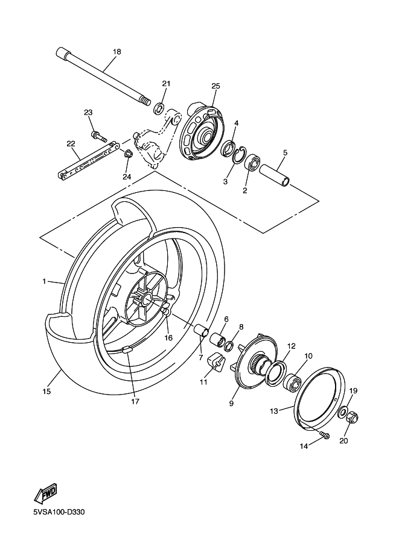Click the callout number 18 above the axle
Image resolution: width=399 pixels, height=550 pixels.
tap(117, 52)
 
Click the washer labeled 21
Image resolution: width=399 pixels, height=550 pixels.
tap(159, 108)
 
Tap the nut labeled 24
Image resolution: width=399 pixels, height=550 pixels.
tap(128, 155)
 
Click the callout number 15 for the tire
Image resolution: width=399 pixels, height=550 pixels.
tap(46, 392)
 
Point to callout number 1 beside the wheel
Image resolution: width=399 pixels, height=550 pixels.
tap(44, 281)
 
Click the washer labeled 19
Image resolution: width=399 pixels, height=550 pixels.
tap(342, 413)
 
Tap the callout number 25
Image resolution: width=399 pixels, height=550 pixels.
tap(215, 86)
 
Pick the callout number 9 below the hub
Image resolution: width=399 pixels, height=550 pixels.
tap(231, 404)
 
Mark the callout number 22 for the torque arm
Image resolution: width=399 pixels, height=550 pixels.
tap(71, 143)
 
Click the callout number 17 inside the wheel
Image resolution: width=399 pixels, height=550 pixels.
tap(135, 401)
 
